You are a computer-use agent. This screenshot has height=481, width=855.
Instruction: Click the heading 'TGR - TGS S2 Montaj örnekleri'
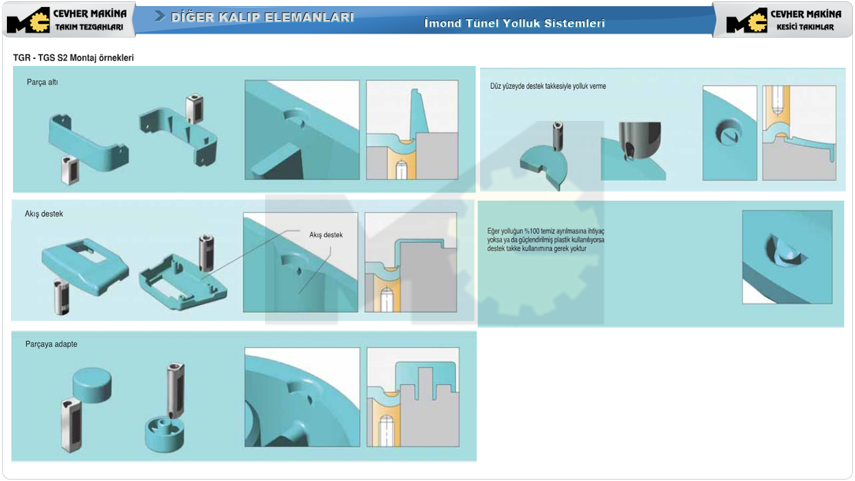coord(73,58)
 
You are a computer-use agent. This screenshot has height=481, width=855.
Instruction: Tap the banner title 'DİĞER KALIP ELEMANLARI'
coord(262,17)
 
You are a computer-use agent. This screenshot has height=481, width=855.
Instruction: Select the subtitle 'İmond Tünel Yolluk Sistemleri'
coord(514,23)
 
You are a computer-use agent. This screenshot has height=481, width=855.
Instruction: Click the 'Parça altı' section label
coord(43,82)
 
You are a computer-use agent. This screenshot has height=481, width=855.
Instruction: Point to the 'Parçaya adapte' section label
coord(51,344)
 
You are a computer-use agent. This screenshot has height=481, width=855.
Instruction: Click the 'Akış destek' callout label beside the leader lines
coord(326,234)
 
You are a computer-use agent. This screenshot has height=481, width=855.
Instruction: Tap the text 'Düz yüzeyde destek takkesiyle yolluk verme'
coord(548,86)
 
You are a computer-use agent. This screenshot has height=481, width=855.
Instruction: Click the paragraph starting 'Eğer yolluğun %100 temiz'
coord(546,240)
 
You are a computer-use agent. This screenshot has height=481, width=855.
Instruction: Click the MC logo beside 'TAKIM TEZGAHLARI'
coord(28,20)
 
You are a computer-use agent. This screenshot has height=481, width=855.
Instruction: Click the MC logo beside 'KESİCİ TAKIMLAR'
coord(746,20)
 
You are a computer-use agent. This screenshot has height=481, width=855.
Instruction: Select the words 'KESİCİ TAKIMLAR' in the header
coord(806,27)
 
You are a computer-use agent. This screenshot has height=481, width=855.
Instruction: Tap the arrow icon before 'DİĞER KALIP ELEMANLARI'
coord(160,16)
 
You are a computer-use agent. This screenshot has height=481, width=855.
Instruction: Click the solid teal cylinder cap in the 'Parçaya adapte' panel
coord(92,385)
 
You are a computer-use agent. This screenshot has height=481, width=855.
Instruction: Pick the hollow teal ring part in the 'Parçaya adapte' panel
coord(164,436)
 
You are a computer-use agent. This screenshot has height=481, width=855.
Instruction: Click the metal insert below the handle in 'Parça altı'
coord(70,170)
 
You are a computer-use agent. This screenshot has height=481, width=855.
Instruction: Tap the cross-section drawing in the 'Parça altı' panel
coord(412,130)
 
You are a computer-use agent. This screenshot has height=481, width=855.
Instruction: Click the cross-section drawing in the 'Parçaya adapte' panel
coord(413,397)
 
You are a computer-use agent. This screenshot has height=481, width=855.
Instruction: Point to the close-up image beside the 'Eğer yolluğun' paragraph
coord(787,257)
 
